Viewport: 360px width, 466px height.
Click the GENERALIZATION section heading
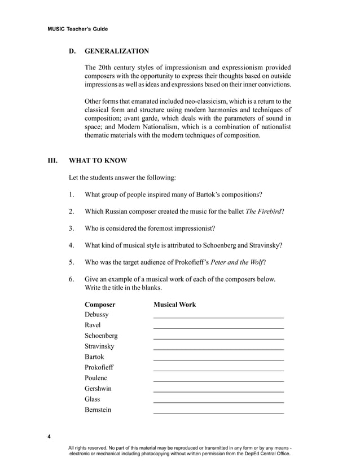point(117,51)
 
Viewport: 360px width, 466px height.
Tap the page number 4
point(49,437)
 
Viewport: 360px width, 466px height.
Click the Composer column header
point(100,305)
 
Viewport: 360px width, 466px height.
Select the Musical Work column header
point(175,305)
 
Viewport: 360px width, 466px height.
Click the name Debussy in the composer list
point(96,314)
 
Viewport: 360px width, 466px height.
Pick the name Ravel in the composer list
point(93,325)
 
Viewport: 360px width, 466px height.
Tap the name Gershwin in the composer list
point(98,389)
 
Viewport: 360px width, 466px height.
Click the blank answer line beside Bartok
point(218,360)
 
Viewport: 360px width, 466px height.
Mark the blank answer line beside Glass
point(218,402)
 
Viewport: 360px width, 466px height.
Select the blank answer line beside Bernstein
point(218,413)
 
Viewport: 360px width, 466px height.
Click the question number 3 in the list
point(72,228)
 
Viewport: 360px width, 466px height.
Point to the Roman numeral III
point(52,160)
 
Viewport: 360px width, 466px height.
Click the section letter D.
point(72,51)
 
